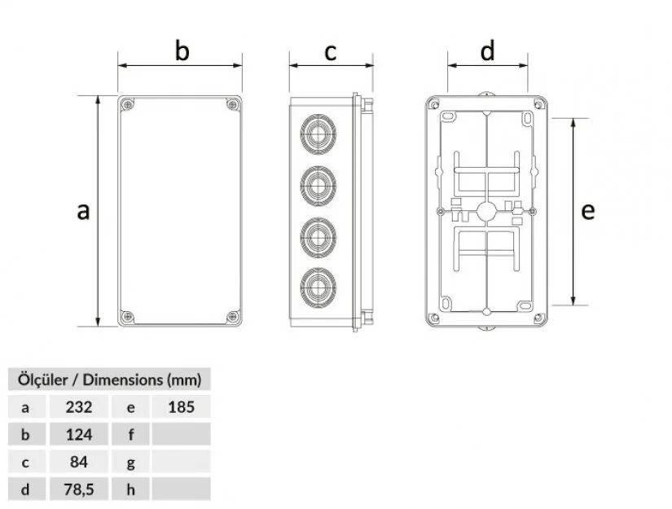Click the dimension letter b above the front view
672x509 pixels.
182,50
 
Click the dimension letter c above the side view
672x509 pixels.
331,53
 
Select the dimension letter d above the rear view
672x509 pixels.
487,50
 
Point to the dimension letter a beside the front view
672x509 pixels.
83,211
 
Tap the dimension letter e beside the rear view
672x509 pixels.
588,211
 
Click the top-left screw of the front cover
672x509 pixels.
127,104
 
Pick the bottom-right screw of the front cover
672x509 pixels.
233,317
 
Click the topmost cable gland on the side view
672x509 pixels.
318,134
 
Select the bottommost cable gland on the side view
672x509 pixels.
318,287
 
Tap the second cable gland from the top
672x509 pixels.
318,186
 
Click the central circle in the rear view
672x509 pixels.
486,211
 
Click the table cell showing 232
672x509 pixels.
79,406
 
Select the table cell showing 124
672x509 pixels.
79,434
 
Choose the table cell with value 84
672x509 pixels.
79,462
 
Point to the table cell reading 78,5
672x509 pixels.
79,489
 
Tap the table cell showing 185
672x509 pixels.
182,406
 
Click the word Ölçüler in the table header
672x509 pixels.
42,380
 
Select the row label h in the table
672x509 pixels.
130,489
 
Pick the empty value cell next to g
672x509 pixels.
182,462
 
